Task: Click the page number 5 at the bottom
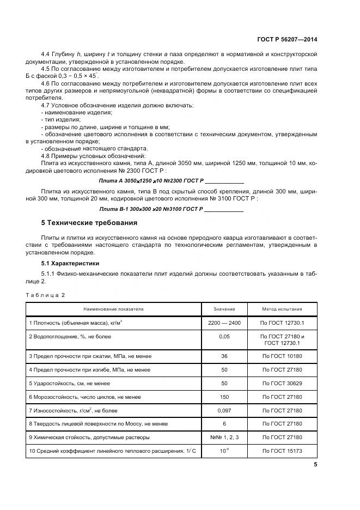click(x=316, y=464)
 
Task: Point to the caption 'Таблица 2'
click(x=45, y=294)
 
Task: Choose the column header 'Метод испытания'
click(x=283, y=308)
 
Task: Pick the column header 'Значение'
click(x=224, y=308)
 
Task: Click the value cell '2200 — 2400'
click(x=224, y=323)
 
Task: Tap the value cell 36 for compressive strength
click(x=224, y=356)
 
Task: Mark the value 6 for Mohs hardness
click(x=224, y=423)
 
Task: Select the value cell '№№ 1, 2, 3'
click(x=224, y=437)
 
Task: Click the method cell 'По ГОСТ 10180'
click(x=283, y=356)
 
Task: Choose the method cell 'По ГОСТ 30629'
click(x=283, y=383)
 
